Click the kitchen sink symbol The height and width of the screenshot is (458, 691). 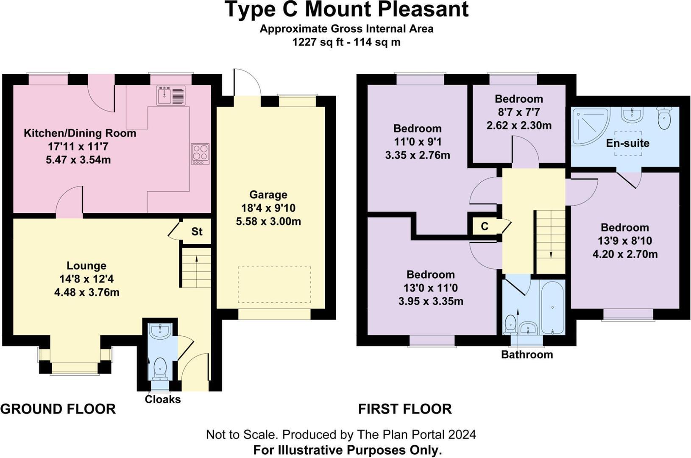click(x=171, y=95)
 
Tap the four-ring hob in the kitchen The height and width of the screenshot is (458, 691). click(x=200, y=154)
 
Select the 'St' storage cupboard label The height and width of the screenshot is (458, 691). click(x=197, y=232)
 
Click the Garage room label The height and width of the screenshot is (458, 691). click(x=268, y=195)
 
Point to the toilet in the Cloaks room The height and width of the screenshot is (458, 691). click(x=160, y=368)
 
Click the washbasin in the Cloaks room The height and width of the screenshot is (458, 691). click(x=160, y=331)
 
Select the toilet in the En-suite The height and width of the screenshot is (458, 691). click(x=664, y=117)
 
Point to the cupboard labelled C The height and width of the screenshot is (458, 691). click(x=485, y=226)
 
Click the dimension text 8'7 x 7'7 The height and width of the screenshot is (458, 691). click(x=519, y=112)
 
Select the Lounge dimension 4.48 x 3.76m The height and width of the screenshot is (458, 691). click(x=86, y=292)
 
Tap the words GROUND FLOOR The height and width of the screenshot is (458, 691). click(x=58, y=409)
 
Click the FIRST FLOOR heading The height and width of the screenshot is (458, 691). click(x=405, y=409)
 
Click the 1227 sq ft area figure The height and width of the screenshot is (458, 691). click(x=314, y=42)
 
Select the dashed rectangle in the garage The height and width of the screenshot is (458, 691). click(x=274, y=285)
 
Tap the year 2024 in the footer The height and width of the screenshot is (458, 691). click(x=462, y=434)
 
